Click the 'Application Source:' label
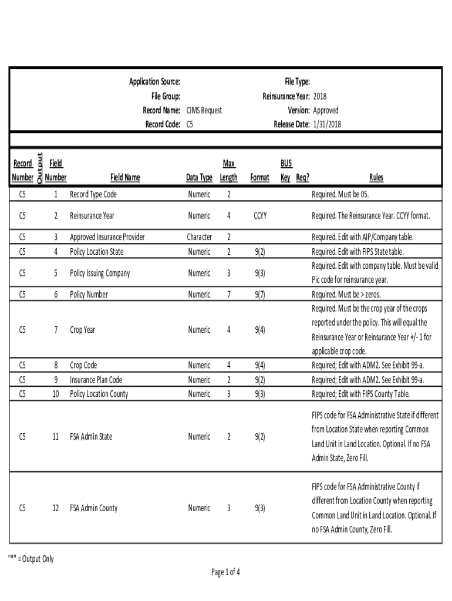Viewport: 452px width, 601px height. pyautogui.click(x=154, y=82)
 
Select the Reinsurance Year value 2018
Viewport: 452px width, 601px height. pyautogui.click(x=320, y=96)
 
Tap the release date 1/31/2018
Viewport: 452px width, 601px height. pyautogui.click(x=327, y=124)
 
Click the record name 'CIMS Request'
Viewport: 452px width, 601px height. pyautogui.click(x=204, y=110)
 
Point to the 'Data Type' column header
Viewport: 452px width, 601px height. pyautogui.click(x=199, y=177)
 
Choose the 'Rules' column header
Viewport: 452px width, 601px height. pyautogui.click(x=376, y=177)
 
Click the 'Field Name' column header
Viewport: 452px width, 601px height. pyautogui.click(x=125, y=177)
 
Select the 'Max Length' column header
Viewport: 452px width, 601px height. pyautogui.click(x=229, y=170)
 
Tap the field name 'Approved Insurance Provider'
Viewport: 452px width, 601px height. pyautogui.click(x=107, y=237)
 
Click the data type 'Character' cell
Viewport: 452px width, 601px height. pyautogui.click(x=199, y=237)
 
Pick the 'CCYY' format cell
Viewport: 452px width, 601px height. pyautogui.click(x=260, y=216)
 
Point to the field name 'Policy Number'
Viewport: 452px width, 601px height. pyautogui.click(x=89, y=295)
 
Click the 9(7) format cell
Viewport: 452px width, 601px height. pyautogui.click(x=260, y=295)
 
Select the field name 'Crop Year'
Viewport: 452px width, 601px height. pyautogui.click(x=82, y=330)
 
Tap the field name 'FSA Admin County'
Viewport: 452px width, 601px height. pyautogui.click(x=93, y=508)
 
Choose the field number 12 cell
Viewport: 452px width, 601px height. pyautogui.click(x=56, y=508)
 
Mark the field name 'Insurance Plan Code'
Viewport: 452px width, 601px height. pyautogui.click(x=96, y=380)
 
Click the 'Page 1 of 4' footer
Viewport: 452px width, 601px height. pyautogui.click(x=226, y=572)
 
